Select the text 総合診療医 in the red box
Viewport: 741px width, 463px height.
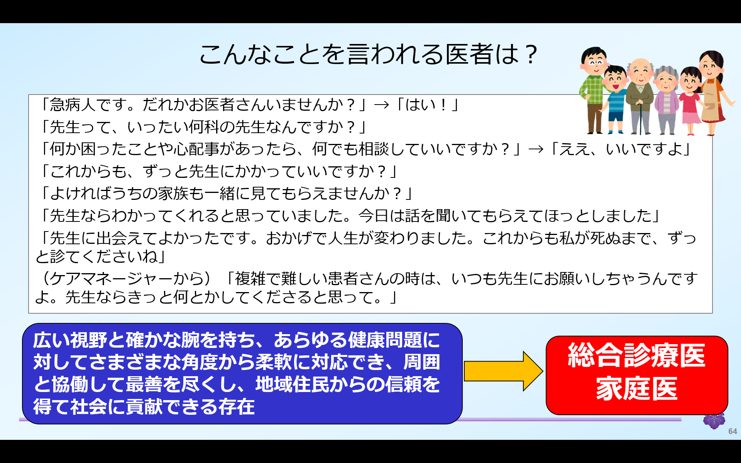(636, 355)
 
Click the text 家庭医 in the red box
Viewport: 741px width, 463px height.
(636, 389)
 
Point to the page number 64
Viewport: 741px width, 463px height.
(733, 431)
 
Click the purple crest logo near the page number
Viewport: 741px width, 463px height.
(714, 421)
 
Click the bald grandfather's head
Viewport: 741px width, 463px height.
(640, 69)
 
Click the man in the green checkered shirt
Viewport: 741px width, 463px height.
(594, 89)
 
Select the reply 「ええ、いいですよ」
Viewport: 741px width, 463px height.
(621, 149)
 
